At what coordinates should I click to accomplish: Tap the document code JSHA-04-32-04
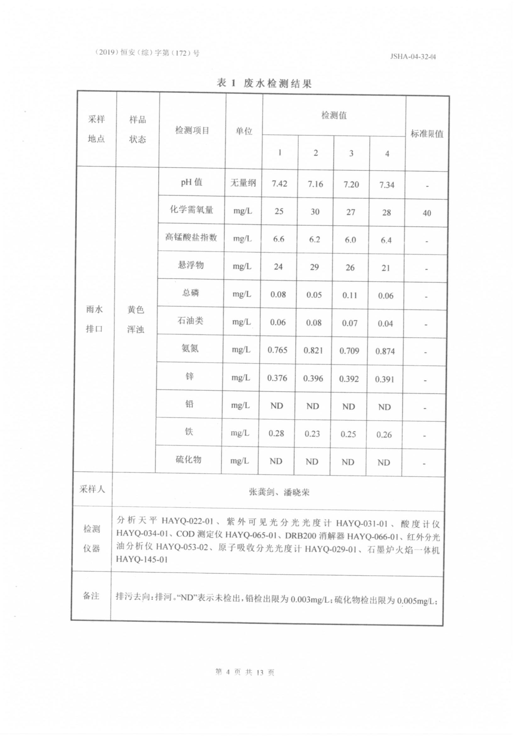point(413,57)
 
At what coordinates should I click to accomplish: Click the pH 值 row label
point(192,182)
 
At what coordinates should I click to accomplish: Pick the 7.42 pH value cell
point(279,184)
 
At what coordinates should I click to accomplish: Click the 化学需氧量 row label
point(191,210)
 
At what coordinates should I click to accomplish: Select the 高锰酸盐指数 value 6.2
point(314,240)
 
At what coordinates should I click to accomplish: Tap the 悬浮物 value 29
point(314,267)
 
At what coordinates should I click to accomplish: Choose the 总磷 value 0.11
point(349,295)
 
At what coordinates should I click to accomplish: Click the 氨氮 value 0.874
point(385,351)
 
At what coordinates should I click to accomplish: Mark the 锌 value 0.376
point(277,378)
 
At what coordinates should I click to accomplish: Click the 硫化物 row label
point(188,459)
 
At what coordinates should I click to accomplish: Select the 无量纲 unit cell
point(243,183)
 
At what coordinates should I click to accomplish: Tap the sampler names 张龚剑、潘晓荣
point(279,492)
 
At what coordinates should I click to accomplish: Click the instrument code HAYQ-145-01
point(142,559)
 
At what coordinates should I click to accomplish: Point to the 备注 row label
point(91,596)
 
